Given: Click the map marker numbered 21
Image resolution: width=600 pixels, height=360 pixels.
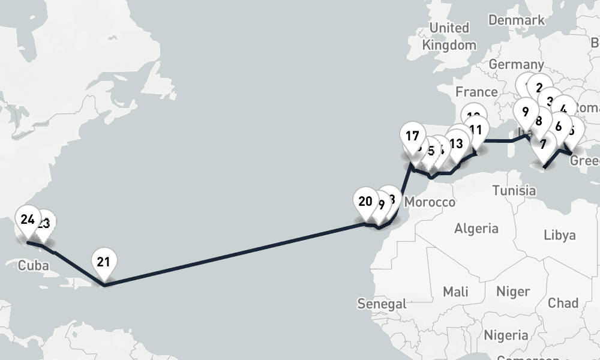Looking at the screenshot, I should (103, 262).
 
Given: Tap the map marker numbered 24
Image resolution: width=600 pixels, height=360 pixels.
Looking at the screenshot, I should (27, 220).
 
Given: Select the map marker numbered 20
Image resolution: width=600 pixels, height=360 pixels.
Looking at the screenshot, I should (365, 202).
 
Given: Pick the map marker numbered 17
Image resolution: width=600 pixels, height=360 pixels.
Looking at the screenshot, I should (412, 136).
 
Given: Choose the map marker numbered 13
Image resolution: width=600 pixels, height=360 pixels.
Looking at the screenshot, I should (456, 144).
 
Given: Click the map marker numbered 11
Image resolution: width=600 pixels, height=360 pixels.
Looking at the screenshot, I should (476, 130).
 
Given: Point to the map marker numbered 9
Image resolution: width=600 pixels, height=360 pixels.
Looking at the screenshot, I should (525, 112).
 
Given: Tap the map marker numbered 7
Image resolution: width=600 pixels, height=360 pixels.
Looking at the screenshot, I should (543, 145).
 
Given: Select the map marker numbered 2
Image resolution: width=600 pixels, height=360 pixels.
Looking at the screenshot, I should (539, 88).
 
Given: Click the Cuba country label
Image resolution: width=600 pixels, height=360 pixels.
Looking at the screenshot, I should (33, 266).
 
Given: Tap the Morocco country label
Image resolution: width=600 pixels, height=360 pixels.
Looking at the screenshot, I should (430, 202).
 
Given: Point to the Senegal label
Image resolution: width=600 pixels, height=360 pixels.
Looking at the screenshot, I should (382, 304).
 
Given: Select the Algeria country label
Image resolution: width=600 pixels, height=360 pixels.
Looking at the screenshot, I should (476, 228).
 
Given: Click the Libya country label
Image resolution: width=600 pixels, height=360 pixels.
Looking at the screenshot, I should (559, 235).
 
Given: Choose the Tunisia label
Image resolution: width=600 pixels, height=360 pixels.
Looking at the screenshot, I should (514, 191).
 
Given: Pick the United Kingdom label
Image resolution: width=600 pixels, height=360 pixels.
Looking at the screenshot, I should (449, 36).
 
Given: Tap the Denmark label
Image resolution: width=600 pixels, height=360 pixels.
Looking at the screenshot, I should (517, 20).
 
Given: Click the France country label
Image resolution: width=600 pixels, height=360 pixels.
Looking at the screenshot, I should (476, 92).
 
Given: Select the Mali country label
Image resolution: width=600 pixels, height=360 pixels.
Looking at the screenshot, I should (455, 292).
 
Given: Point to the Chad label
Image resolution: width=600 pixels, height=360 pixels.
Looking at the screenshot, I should (563, 303).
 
